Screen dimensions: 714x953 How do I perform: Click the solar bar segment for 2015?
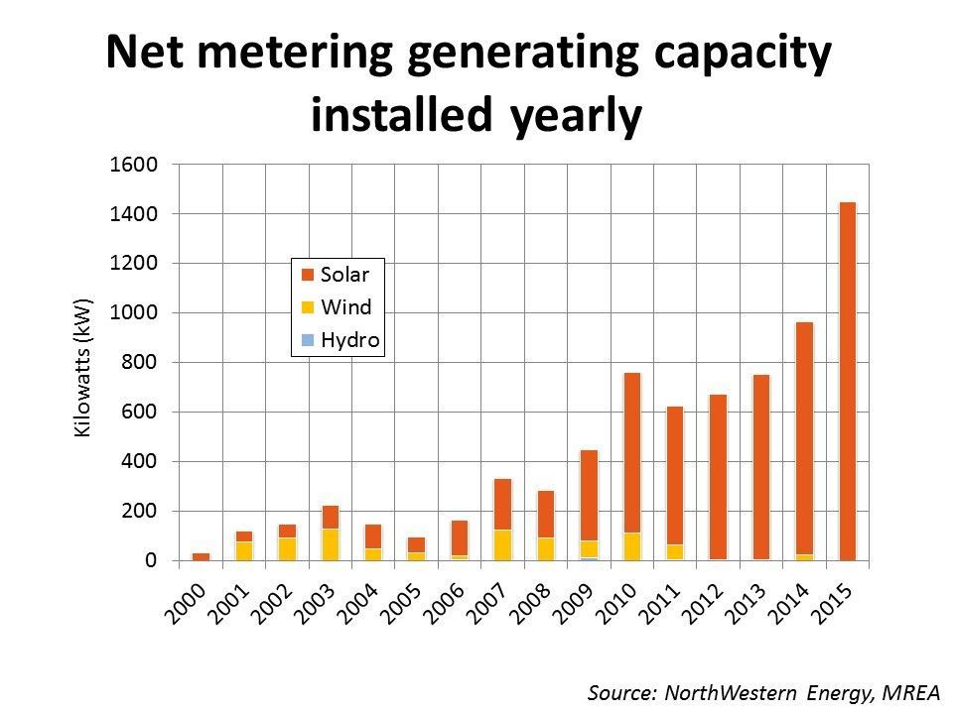pyautogui.click(x=847, y=381)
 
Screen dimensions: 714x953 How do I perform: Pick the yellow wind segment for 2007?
pyautogui.click(x=502, y=544)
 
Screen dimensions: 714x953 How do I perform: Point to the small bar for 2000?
pyautogui.click(x=201, y=556)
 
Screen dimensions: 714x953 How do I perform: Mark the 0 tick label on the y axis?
pyautogui.click(x=151, y=561)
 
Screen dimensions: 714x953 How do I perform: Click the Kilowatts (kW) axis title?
pyautogui.click(x=83, y=367)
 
